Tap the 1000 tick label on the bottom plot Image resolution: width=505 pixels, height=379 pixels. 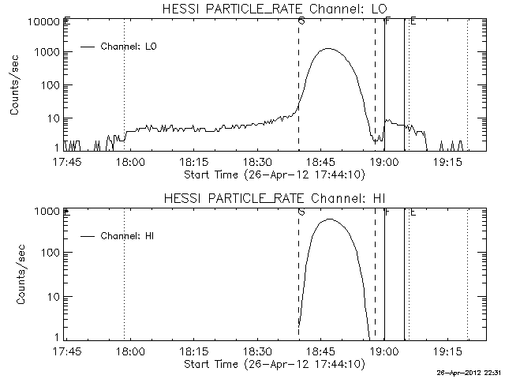pyautogui.click(x=47, y=212)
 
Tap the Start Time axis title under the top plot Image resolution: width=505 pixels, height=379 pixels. pyautogui.click(x=273, y=174)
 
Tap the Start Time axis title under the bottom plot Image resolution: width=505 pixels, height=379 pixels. pyautogui.click(x=273, y=364)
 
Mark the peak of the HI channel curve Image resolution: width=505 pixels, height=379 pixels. pyautogui.click(x=328, y=220)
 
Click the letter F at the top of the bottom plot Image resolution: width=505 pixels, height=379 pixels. pyautogui.click(x=387, y=212)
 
